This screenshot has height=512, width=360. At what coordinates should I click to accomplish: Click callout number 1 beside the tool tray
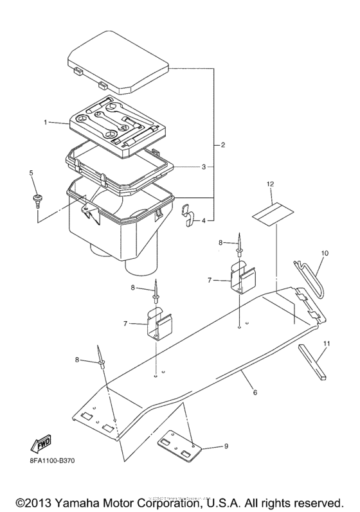coord(46,121)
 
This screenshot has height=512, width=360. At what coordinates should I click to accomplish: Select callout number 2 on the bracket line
coord(222,145)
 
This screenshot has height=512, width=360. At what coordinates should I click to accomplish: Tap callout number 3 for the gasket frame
coord(203,166)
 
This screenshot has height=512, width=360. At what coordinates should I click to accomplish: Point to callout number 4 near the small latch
coord(204,221)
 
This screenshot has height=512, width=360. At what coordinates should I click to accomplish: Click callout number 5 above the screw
coord(30,173)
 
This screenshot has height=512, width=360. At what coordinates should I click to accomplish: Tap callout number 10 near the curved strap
coord(324,253)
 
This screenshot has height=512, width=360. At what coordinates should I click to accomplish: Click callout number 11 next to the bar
coord(327,344)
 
